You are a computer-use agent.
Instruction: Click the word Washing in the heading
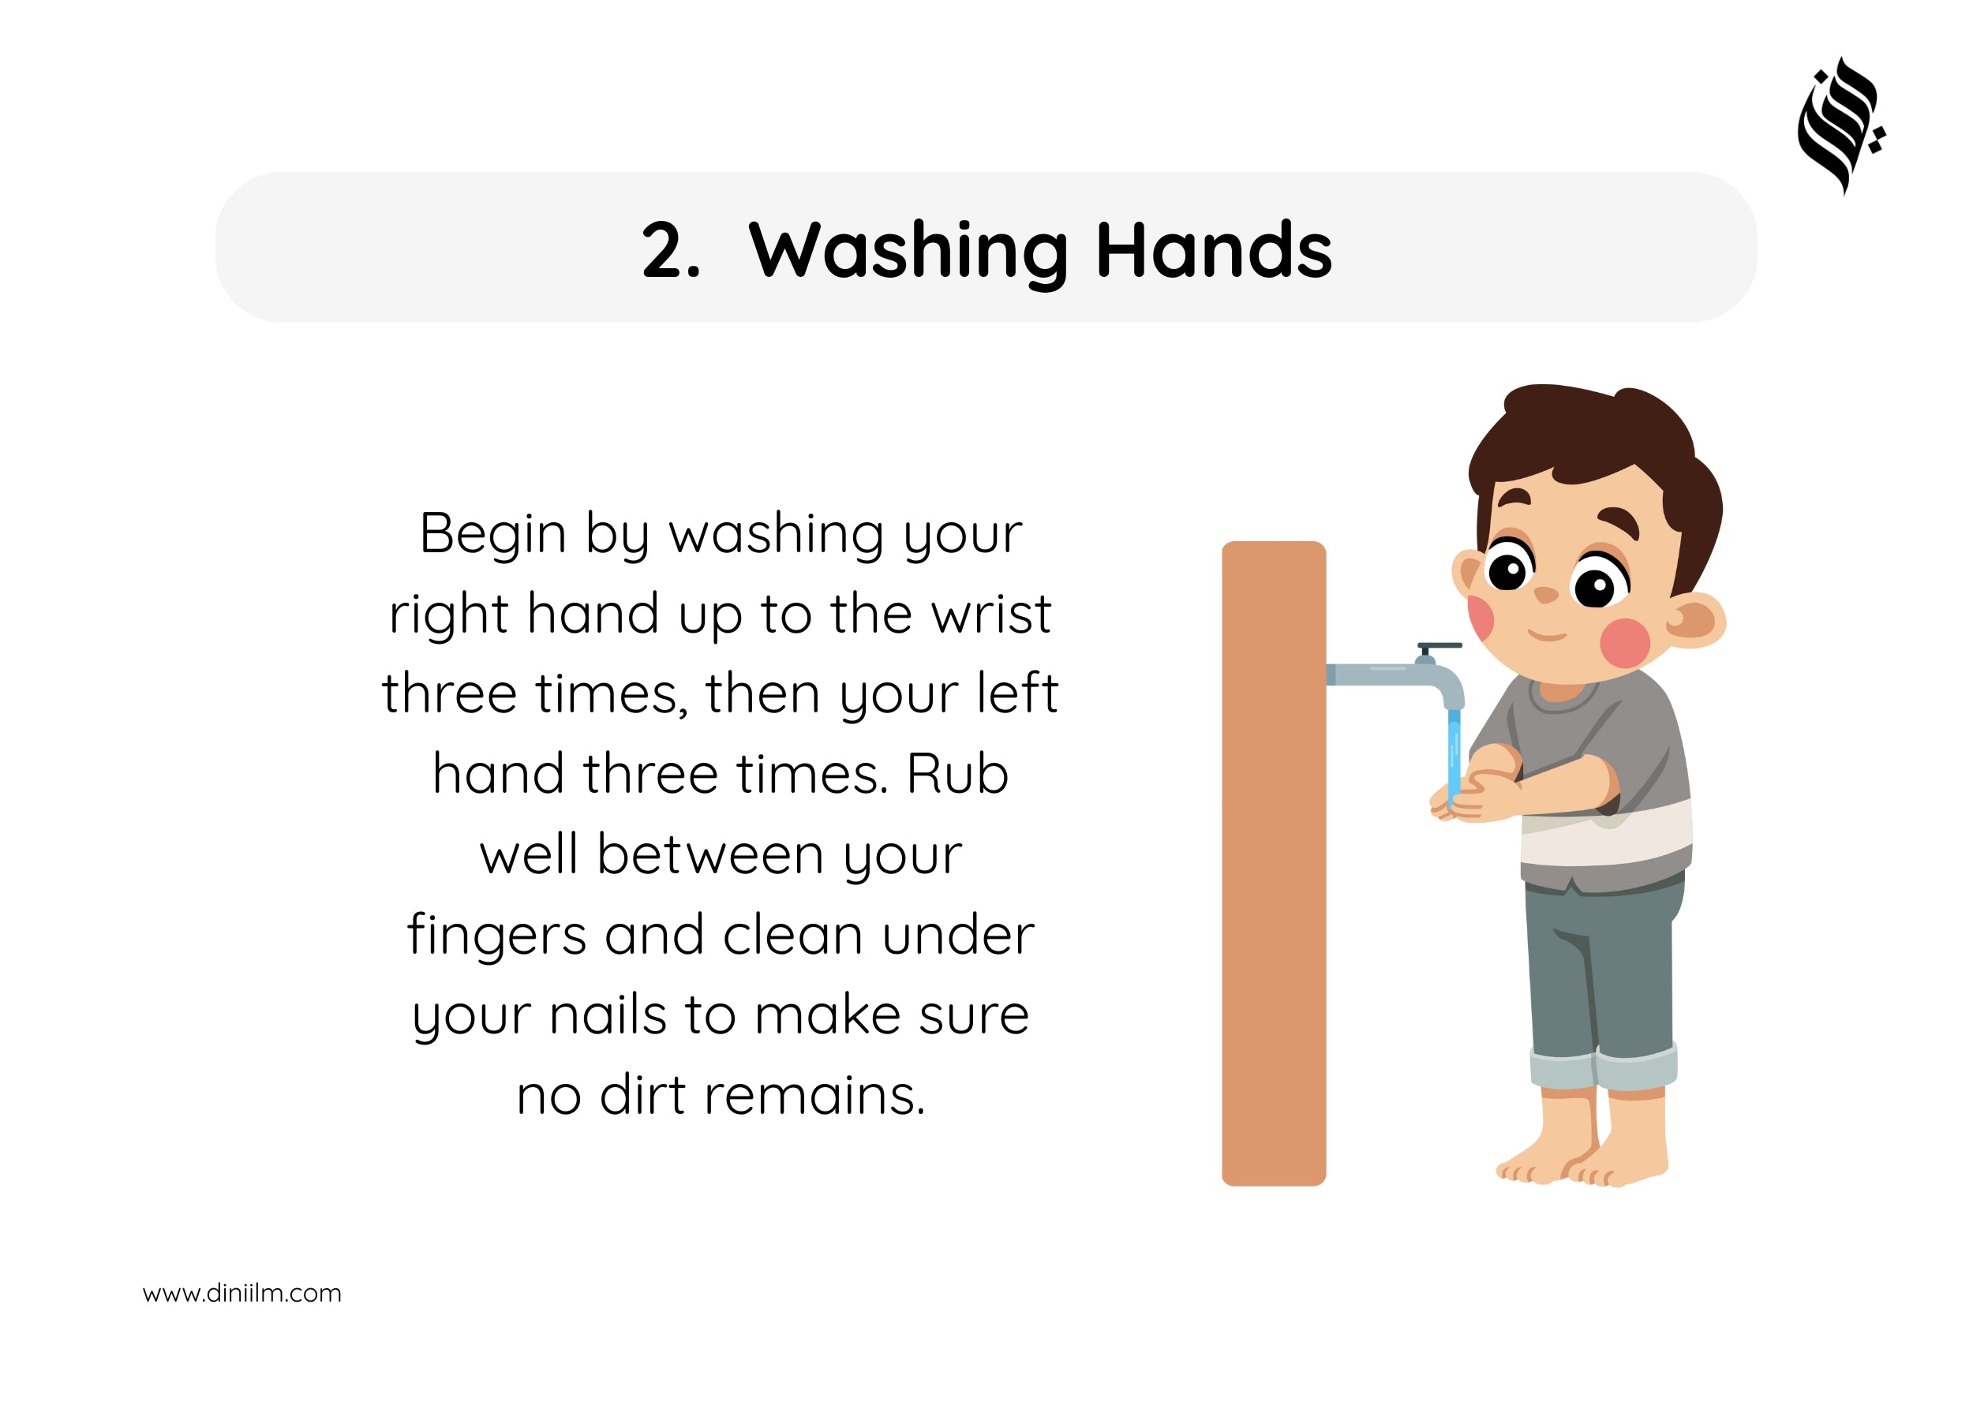tap(908, 253)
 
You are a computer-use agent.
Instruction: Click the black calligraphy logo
tap(1840, 126)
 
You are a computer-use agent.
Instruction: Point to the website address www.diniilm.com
tap(241, 1293)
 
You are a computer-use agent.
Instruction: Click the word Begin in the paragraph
tap(493, 533)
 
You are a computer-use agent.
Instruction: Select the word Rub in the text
tap(957, 774)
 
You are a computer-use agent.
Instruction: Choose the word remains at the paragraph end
tap(815, 1096)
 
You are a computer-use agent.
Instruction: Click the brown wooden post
tap(1274, 864)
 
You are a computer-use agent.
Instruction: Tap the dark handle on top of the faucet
tap(1440, 646)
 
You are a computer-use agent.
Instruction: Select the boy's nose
tap(1546, 595)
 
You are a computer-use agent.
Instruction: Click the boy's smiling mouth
tap(1548, 636)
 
